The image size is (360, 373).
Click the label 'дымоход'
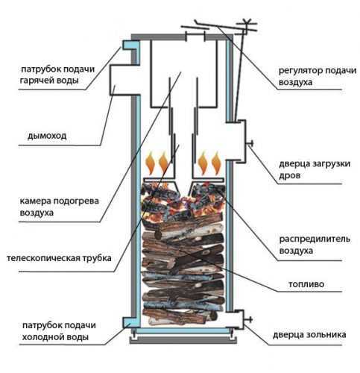[x=47, y=136]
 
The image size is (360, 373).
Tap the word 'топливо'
[x=306, y=284]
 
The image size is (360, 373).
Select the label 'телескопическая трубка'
[x=59, y=258]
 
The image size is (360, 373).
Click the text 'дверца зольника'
[x=309, y=335]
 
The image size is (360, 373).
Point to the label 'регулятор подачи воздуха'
[x=318, y=76]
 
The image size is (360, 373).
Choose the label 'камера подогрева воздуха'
[x=59, y=207]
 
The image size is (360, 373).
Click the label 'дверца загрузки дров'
[x=315, y=169]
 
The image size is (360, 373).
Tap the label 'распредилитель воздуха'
[x=315, y=245]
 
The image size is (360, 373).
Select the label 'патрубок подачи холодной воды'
[x=59, y=331]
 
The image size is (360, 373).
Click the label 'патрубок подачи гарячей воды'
[x=57, y=75]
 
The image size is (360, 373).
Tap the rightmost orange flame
[x=217, y=163]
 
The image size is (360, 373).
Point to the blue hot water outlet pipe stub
[x=130, y=45]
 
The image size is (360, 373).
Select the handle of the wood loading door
[x=250, y=143]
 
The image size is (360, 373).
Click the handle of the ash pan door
[x=248, y=320]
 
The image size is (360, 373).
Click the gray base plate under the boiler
[x=183, y=340]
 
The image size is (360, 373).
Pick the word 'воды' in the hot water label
[x=68, y=81]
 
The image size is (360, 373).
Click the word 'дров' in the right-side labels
[x=290, y=175]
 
